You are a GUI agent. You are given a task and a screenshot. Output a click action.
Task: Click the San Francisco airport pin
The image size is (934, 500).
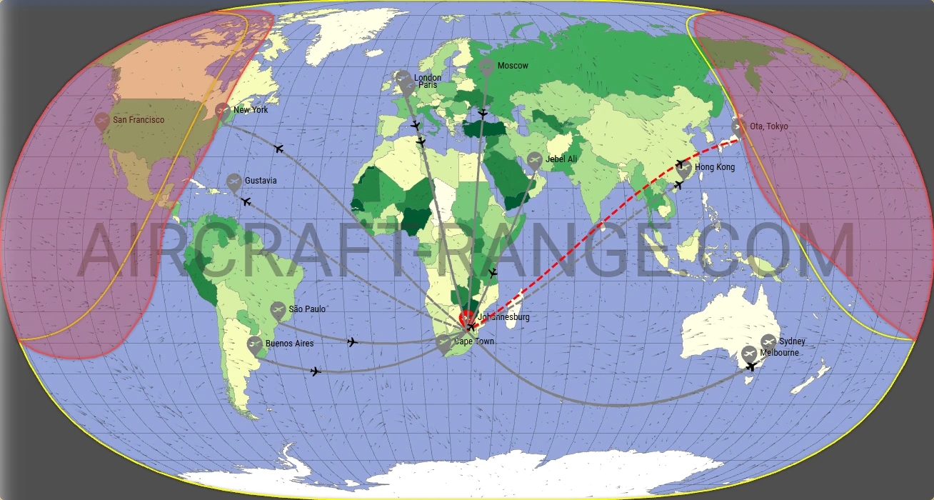pos(102,121)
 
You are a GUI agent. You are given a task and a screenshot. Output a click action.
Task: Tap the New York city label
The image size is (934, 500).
pos(251,110)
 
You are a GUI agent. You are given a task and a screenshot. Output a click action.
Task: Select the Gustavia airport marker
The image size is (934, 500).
pos(233,182)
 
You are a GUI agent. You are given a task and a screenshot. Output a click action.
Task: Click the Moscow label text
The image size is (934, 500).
pos(513,66)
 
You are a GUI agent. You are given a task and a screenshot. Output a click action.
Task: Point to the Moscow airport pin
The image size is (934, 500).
pos(486,67)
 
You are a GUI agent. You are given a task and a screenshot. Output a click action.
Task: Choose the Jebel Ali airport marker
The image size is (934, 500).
pos(534,160)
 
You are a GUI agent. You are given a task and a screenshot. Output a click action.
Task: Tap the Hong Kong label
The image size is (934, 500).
pos(715,167)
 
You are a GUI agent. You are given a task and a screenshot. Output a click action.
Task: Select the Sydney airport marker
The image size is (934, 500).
pos(768,342)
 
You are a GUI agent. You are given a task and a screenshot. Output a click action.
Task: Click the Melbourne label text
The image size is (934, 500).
pos(780,353)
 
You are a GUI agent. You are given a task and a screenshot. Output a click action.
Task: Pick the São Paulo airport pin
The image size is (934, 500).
pos(278,310)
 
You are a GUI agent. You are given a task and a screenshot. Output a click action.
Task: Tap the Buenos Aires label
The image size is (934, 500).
pos(289,344)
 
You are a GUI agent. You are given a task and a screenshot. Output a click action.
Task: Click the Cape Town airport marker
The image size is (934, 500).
pos(443,343)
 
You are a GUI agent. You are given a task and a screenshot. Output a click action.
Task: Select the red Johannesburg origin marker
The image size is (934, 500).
pos(466,318)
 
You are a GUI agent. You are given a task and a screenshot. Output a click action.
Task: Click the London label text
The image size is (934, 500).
pos(428,78)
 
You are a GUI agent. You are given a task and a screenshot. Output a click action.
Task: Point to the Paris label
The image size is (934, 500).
pos(428,85)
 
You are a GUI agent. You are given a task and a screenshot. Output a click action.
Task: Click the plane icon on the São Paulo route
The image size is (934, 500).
pos(351,342)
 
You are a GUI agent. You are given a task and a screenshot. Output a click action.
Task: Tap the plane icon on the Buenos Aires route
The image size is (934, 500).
pos(316,371)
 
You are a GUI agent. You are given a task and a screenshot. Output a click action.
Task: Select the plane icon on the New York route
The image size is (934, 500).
pos(278,148)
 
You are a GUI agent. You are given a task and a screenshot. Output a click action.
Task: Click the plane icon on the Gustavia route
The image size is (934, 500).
pos(246,202)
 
